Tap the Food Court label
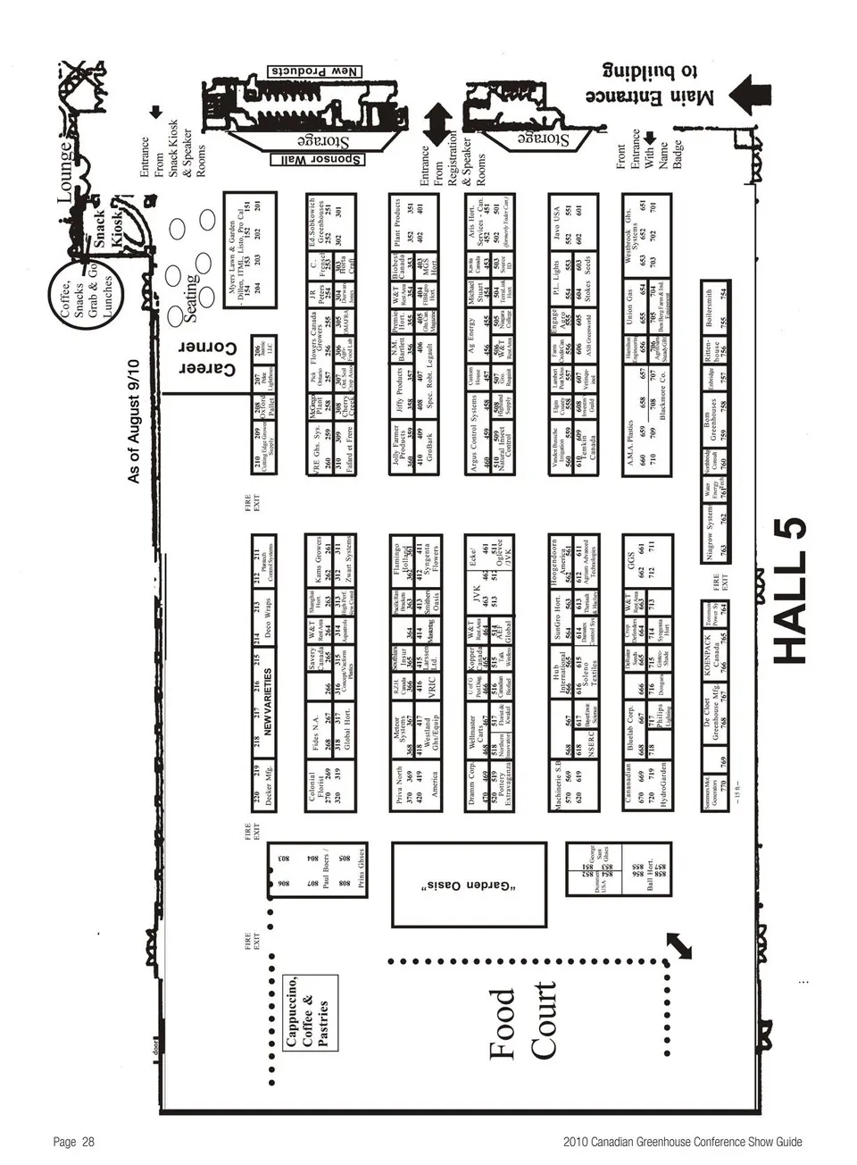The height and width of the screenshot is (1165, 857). point(522,1022)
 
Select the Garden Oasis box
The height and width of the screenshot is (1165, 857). point(468,884)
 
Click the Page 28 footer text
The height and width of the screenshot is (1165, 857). point(74,1142)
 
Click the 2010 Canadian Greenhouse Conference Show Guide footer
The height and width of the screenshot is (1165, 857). point(683,1142)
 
